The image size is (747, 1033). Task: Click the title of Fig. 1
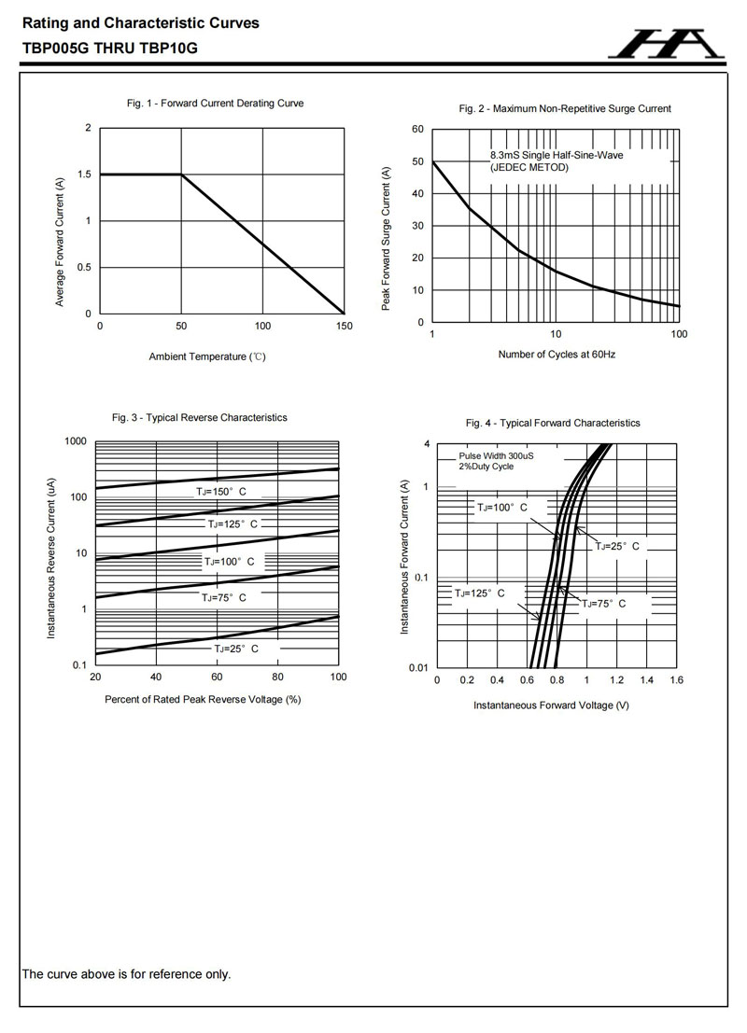[x=215, y=104]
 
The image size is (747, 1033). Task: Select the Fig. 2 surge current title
[x=565, y=109]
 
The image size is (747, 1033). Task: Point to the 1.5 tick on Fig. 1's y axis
[x=85, y=174]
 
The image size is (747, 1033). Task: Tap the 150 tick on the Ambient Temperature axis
[x=344, y=326]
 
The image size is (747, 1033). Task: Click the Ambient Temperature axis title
[x=207, y=356]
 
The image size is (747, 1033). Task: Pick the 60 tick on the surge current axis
[x=418, y=130]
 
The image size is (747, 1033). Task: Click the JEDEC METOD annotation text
[x=529, y=167]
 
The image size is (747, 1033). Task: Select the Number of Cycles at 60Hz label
[x=557, y=355]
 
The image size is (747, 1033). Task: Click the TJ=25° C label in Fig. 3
[x=235, y=648]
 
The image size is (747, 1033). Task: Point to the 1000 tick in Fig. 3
[x=76, y=440]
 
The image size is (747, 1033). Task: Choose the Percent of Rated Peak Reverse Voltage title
[x=203, y=699]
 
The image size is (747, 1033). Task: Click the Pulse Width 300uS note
[x=497, y=456]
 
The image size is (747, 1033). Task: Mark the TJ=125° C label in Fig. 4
[x=480, y=593]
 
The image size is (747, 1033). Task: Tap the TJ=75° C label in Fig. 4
[x=604, y=604]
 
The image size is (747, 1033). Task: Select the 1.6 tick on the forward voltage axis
[x=676, y=681]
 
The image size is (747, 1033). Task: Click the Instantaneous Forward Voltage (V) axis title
[x=551, y=705]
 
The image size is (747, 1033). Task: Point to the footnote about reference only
[x=126, y=974]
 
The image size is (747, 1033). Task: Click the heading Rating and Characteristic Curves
[x=141, y=23]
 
